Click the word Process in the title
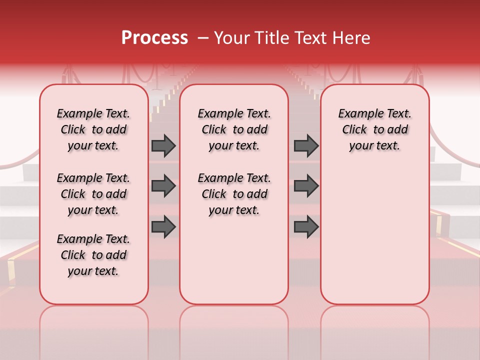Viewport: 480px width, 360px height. tap(154, 38)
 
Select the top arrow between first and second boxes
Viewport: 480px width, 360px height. tap(163, 145)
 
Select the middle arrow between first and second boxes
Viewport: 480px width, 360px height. tap(163, 186)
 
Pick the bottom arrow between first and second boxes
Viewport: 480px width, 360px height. tap(163, 226)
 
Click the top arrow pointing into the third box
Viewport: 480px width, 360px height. tap(306, 145)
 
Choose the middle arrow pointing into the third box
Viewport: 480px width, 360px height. tap(306, 186)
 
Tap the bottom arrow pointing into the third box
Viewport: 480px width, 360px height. tap(306, 226)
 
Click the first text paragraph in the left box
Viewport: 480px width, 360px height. tap(93, 129)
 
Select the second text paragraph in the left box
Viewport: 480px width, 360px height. tap(93, 194)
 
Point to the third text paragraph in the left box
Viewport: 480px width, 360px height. tap(93, 255)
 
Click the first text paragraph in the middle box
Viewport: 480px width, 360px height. tap(234, 129)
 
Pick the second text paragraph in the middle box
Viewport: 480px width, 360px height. tap(234, 194)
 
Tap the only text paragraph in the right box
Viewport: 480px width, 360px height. tap(374, 129)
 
